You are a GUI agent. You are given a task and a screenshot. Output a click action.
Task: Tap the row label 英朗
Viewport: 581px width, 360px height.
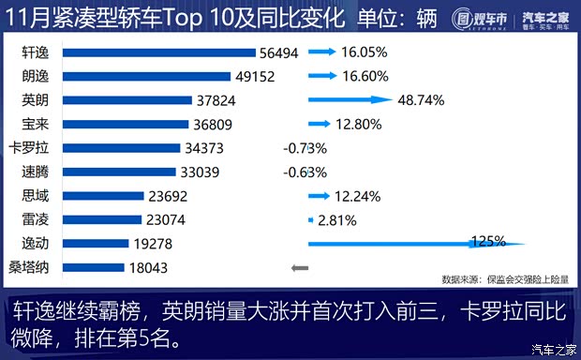(x=36, y=100)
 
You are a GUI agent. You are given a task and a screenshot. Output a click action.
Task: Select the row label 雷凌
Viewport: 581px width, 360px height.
(x=36, y=219)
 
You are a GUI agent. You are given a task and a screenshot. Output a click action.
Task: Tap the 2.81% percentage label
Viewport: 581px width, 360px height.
(x=337, y=219)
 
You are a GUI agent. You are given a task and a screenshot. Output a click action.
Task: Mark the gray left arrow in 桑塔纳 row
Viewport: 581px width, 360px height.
(x=300, y=267)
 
